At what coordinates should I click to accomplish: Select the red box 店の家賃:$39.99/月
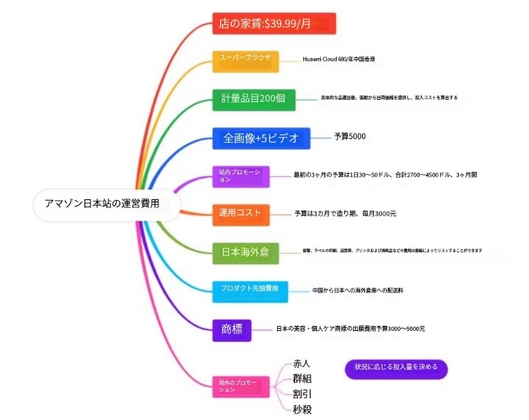(x=274, y=24)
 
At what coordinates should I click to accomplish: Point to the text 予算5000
(x=350, y=136)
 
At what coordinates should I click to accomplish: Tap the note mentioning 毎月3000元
(x=345, y=213)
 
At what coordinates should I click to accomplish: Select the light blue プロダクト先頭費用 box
(x=250, y=290)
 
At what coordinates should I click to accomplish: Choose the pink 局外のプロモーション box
(x=242, y=385)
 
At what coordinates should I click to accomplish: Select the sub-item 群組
(x=302, y=378)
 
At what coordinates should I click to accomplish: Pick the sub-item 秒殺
(x=302, y=409)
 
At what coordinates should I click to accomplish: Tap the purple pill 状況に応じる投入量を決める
(x=396, y=367)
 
